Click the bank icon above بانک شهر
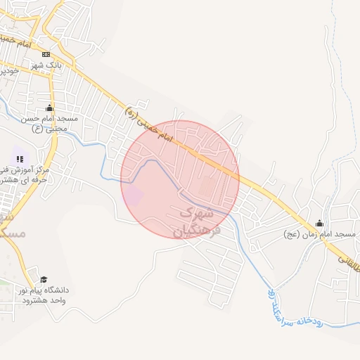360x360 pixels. tap(46, 54)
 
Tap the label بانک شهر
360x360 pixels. tap(46, 65)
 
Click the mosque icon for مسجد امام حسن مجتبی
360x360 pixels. tap(50, 108)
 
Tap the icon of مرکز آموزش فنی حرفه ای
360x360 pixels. tap(20, 160)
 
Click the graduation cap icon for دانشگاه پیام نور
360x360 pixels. tap(44, 280)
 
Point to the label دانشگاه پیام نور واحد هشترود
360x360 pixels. tap(44, 295)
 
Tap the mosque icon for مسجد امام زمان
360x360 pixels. tap(320, 222)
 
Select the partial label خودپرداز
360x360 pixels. tap(8, 71)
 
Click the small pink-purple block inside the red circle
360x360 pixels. tap(132, 195)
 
